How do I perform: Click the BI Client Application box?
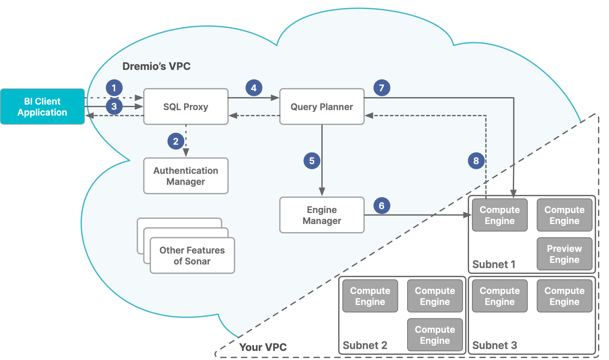click(42, 107)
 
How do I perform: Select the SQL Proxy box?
click(186, 107)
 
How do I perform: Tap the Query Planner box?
click(322, 107)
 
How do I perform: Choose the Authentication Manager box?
click(186, 176)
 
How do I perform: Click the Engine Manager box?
click(322, 215)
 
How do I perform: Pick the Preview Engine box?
click(564, 254)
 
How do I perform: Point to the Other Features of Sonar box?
click(192, 255)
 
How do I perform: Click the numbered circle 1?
click(114, 88)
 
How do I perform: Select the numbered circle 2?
click(176, 141)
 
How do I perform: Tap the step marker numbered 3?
click(114, 106)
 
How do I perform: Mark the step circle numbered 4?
click(254, 88)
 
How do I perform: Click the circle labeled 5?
click(312, 161)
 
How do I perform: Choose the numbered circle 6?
click(382, 206)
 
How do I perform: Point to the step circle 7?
click(382, 88)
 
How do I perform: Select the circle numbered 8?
click(476, 161)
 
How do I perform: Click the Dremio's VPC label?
click(156, 66)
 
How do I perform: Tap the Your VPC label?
click(263, 347)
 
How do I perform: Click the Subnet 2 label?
click(365, 345)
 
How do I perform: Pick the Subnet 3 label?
click(494, 345)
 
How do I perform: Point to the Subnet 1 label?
click(494, 264)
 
